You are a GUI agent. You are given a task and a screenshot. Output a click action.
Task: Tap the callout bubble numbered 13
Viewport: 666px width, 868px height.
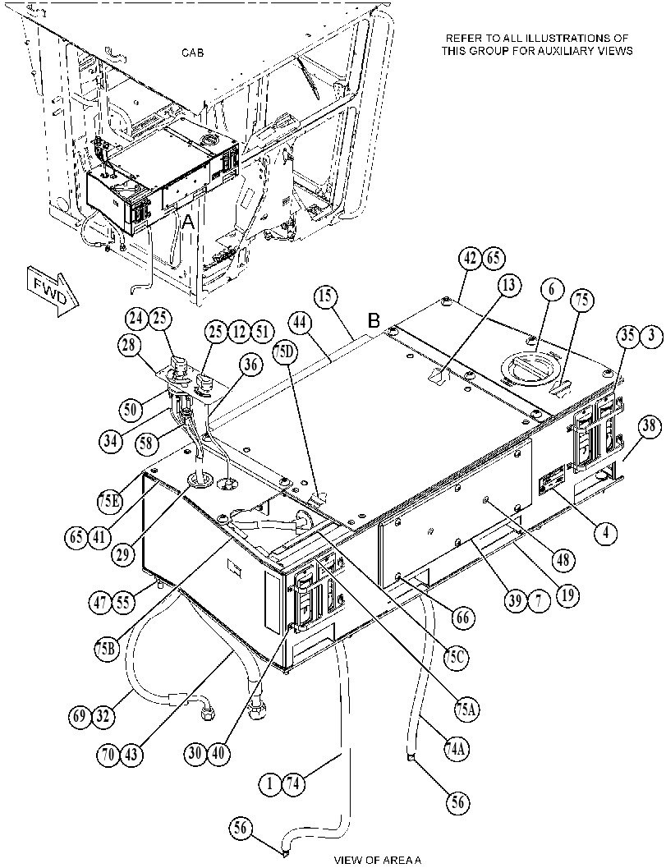(x=509, y=286)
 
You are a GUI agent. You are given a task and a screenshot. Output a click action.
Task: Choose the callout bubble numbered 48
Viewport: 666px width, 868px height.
(x=563, y=560)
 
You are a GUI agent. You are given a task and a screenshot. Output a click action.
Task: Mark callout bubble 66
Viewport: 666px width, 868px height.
(x=463, y=617)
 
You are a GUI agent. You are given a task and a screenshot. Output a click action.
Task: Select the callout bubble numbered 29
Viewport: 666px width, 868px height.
(x=124, y=553)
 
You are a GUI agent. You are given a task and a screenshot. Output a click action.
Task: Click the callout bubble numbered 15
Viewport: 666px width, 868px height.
(x=327, y=297)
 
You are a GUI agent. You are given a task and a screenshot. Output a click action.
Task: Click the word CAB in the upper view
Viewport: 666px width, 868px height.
(x=192, y=53)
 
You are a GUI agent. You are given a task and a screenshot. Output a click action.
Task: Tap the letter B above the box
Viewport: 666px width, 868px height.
(x=374, y=321)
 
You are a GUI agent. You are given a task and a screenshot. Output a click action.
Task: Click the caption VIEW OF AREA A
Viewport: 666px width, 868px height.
(x=378, y=861)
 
